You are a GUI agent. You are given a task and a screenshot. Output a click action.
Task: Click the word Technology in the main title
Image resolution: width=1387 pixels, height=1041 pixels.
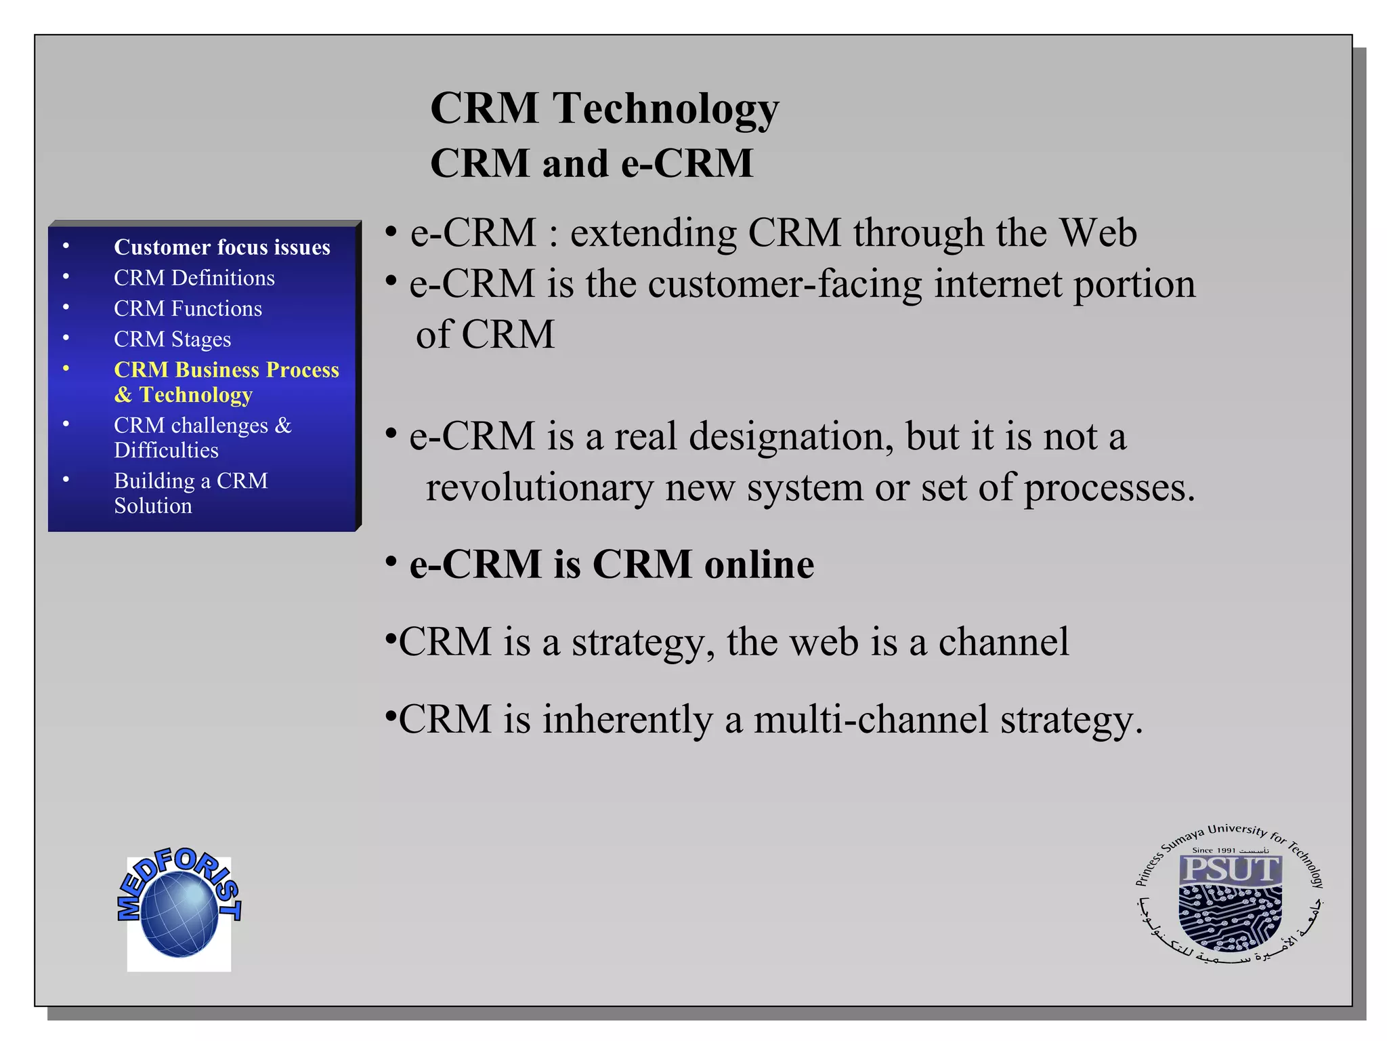[x=666, y=108]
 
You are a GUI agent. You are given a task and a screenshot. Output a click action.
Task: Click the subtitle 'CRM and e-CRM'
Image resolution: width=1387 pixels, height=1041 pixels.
[x=591, y=163]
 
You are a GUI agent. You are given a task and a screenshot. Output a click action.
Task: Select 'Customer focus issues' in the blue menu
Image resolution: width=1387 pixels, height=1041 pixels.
[x=221, y=247]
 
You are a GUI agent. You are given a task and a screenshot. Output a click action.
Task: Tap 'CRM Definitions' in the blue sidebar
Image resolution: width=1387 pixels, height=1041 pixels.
[x=194, y=278]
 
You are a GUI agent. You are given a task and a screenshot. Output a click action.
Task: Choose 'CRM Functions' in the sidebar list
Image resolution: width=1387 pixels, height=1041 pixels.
[x=188, y=308]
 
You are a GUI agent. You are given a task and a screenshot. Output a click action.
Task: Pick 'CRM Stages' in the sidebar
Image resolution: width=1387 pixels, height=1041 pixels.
[x=172, y=339]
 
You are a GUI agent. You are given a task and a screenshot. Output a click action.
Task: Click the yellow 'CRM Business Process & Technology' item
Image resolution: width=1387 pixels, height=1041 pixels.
[x=226, y=382]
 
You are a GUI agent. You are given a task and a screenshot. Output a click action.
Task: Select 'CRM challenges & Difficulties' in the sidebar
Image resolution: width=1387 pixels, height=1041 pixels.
[x=202, y=437]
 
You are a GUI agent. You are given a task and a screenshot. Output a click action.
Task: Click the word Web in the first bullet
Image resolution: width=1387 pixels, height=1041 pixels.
[x=1097, y=233]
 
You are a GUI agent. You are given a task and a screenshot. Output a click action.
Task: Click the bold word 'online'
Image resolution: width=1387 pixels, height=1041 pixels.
[x=759, y=564]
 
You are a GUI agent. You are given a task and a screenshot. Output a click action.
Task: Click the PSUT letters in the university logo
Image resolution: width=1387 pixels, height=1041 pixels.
[x=1229, y=870]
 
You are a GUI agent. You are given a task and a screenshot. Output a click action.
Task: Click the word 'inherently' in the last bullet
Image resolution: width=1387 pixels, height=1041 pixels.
[x=627, y=720]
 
